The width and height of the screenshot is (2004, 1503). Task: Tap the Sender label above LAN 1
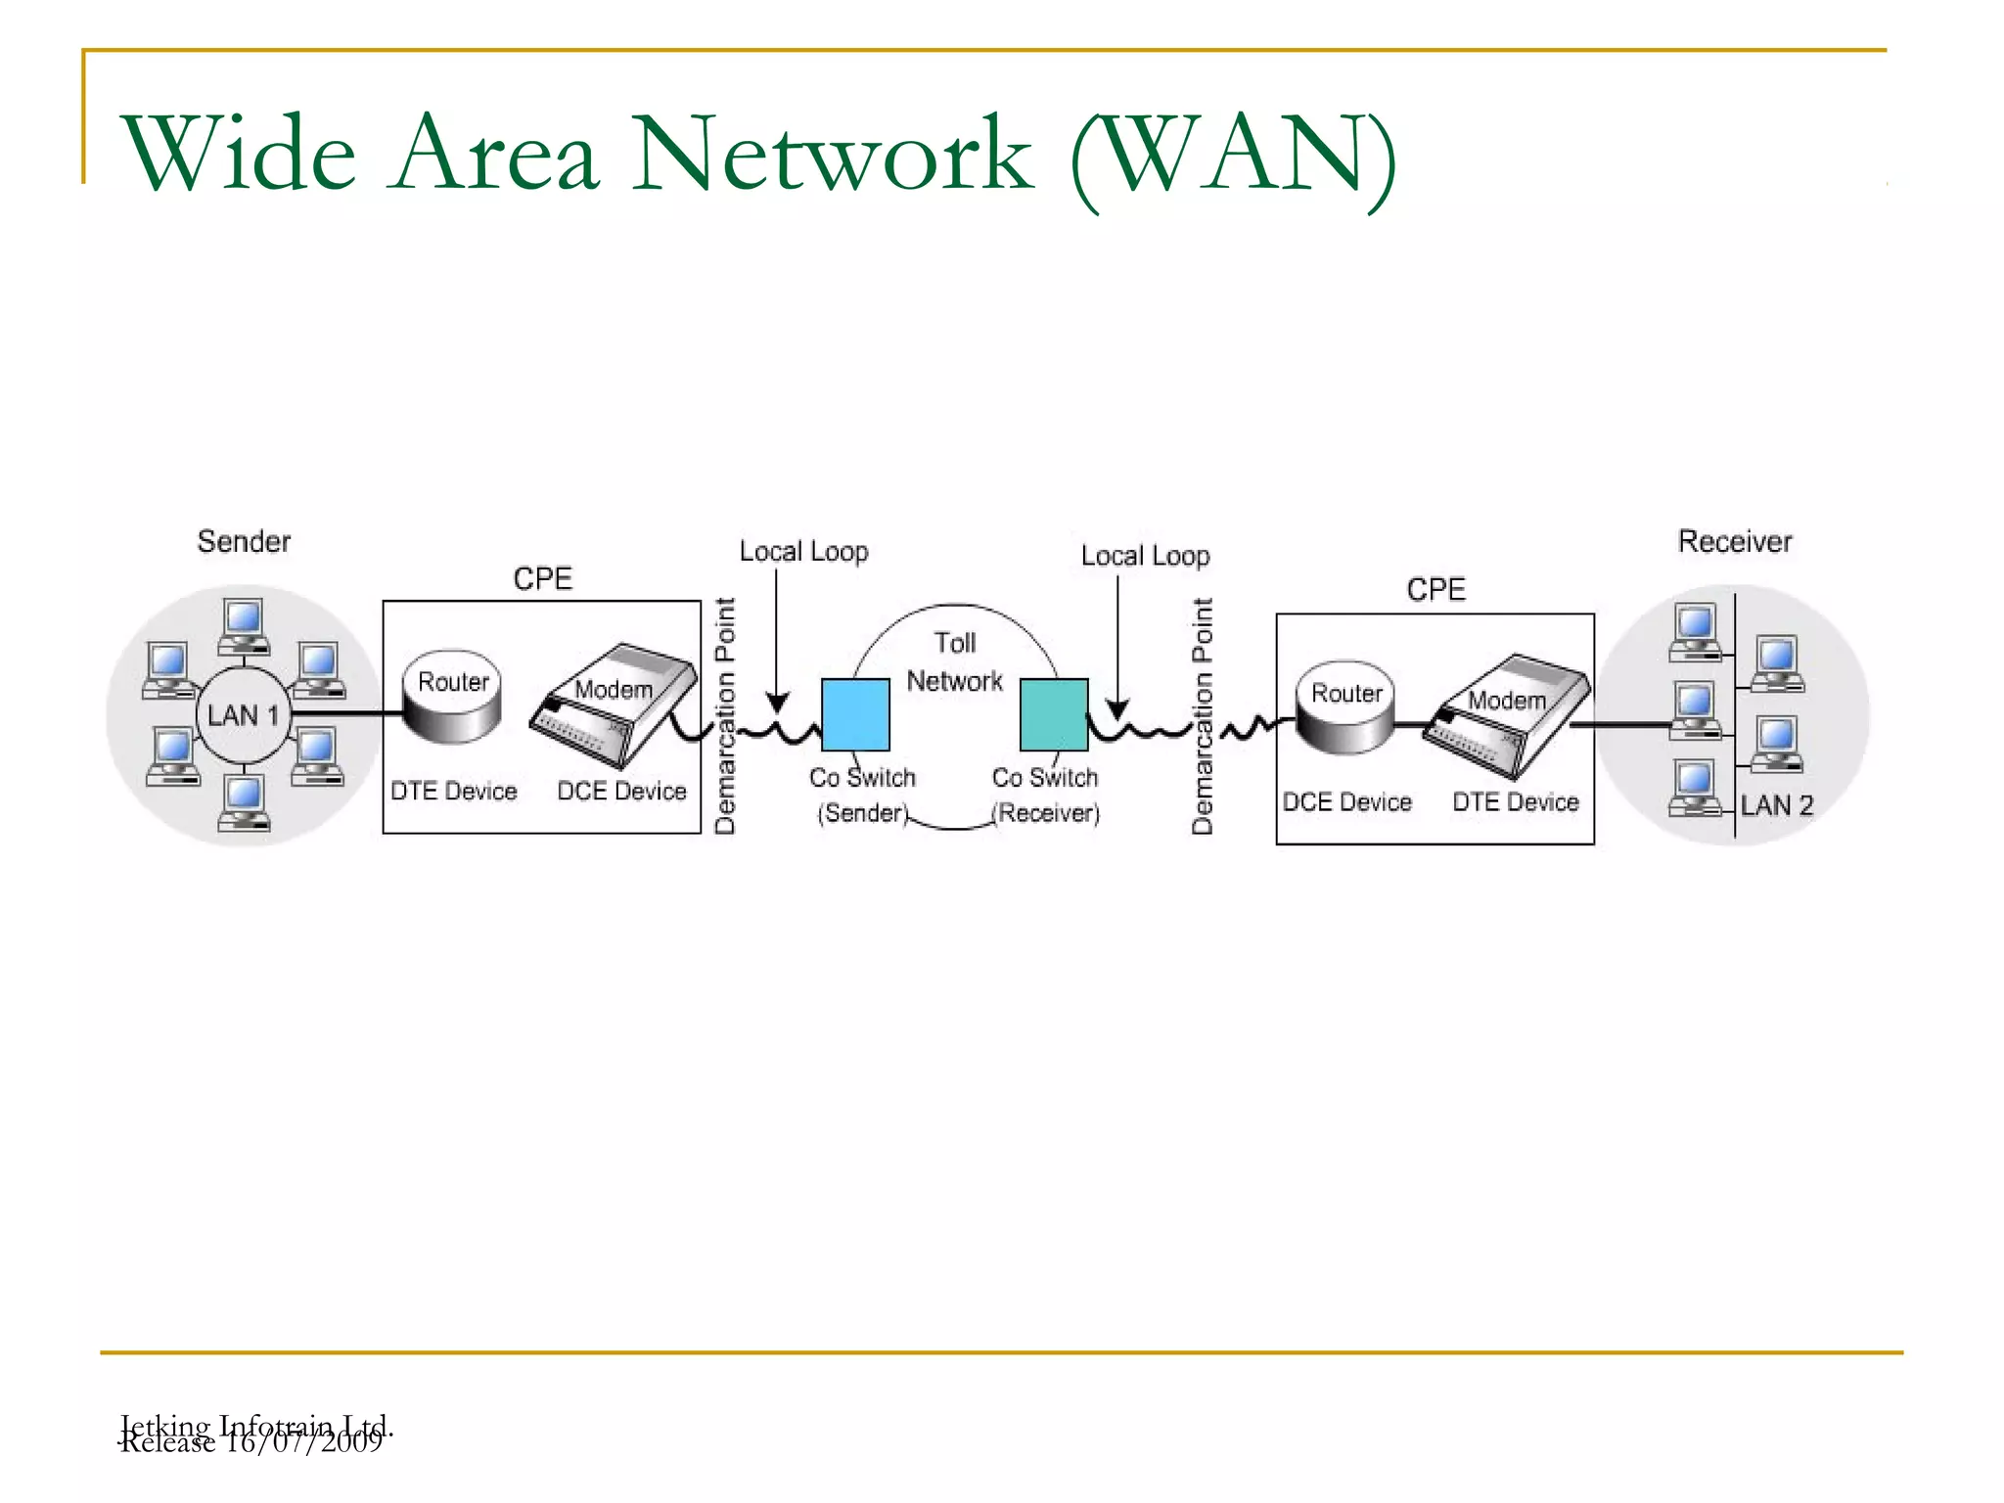(244, 541)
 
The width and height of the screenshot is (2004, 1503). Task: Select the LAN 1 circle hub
(243, 715)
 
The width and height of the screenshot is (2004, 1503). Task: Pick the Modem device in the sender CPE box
(614, 703)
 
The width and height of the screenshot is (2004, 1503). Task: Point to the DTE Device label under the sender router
(453, 791)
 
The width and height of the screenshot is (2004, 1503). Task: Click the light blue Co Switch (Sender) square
(855, 714)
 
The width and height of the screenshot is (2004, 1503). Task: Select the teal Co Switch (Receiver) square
(1054, 714)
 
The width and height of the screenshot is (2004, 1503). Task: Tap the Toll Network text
(954, 661)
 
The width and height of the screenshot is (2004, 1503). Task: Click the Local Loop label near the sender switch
(803, 552)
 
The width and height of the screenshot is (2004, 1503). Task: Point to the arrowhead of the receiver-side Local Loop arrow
(1117, 709)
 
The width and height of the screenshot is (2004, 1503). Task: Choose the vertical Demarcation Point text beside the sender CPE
(725, 715)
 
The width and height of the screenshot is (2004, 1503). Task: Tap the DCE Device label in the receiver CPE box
(1346, 802)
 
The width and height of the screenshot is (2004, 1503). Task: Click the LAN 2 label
(1776, 805)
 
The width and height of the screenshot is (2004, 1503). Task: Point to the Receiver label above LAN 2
(1734, 541)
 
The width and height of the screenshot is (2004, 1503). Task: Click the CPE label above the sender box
(542, 578)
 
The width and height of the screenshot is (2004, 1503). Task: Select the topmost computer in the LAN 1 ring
(244, 624)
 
